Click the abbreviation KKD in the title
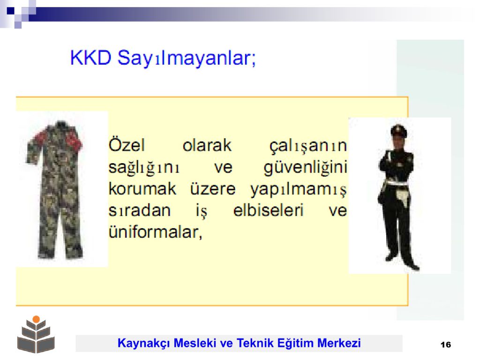tap(90, 57)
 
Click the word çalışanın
tap(308, 146)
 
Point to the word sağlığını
tap(144, 168)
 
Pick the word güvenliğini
tap(306, 168)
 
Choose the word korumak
tap(142, 188)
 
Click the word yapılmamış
tap(299, 190)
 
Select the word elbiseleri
tap(268, 210)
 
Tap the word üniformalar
tap(156, 232)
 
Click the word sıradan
tap(140, 210)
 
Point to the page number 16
tap(446, 345)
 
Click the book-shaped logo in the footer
tap(36, 335)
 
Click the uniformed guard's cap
tap(398, 130)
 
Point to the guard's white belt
tap(396, 183)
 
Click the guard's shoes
tap(402, 262)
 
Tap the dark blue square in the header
tap(10, 11)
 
